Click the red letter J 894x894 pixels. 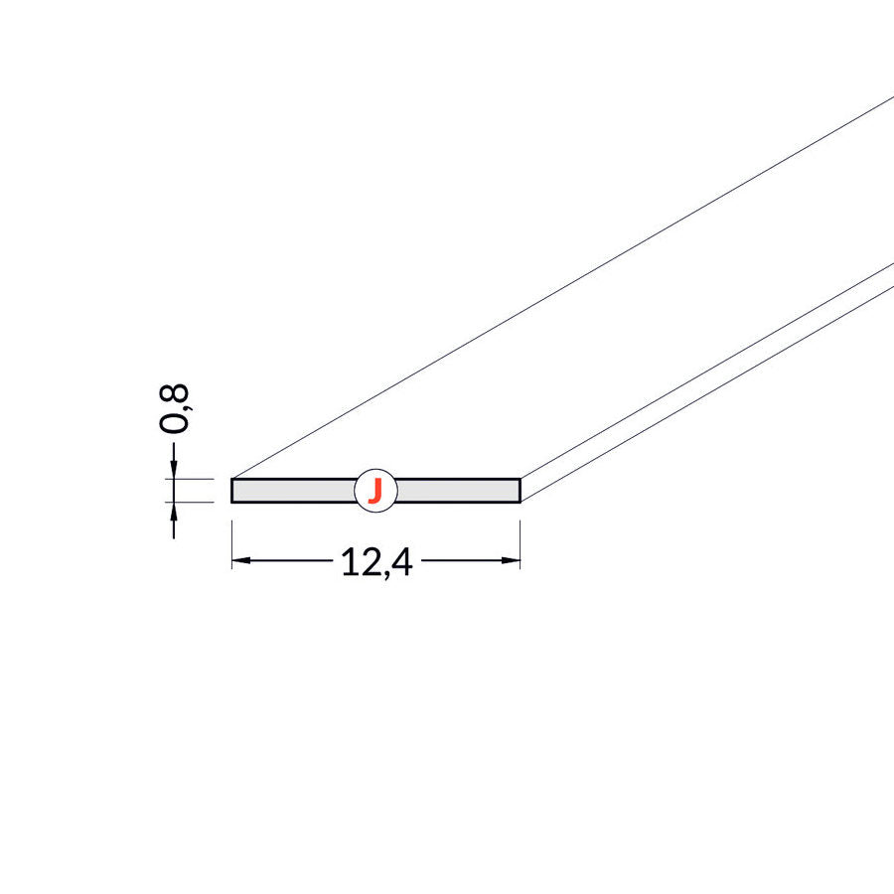click(x=375, y=491)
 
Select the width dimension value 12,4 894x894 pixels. click(x=376, y=563)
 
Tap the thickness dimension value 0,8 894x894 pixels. click(x=173, y=408)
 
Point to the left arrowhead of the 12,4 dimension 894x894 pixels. click(x=241, y=560)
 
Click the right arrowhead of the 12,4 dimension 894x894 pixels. click(x=511, y=560)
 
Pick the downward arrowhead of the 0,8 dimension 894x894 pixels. click(x=174, y=469)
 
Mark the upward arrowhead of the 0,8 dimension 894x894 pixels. click(x=174, y=512)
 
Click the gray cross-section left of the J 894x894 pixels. click(x=294, y=491)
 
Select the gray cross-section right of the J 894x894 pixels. click(x=458, y=491)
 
